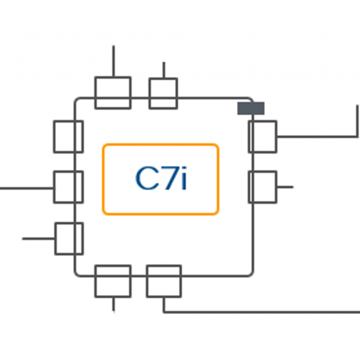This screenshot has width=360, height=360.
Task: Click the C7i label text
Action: pos(161,179)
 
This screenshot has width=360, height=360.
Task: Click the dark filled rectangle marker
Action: pos(251,108)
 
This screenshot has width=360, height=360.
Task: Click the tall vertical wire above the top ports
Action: pos(114,61)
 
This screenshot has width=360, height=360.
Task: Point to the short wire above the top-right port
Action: pos(164,70)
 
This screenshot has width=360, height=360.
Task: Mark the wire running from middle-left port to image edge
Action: pos(27,189)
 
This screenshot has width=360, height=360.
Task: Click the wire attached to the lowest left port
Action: pos(38,238)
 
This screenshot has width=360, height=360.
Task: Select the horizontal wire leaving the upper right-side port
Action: pos(317,137)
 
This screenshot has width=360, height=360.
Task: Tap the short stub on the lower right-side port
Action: pos(285,187)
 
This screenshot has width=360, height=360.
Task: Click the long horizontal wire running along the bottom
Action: pos(261,312)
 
